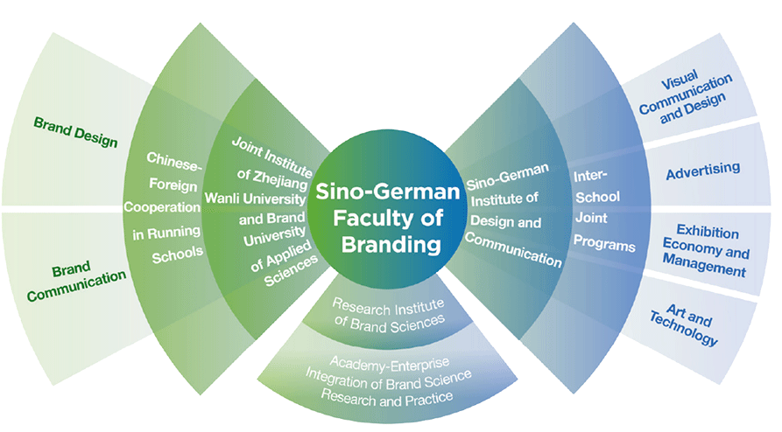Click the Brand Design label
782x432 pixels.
pyautogui.click(x=75, y=132)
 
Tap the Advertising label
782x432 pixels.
pyautogui.click(x=702, y=167)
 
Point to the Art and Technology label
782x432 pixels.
pyautogui.click(x=684, y=324)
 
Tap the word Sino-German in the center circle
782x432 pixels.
pyautogui.click(x=387, y=192)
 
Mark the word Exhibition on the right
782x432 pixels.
pyautogui.click(x=707, y=233)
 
